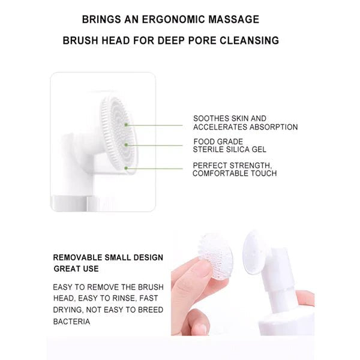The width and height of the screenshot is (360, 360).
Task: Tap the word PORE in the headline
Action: (206, 41)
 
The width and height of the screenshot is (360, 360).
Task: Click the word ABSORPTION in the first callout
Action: (275, 127)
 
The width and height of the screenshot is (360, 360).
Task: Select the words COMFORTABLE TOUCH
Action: (235, 173)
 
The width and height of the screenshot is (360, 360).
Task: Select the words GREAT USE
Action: (77, 269)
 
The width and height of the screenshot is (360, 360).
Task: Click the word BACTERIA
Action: (71, 322)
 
